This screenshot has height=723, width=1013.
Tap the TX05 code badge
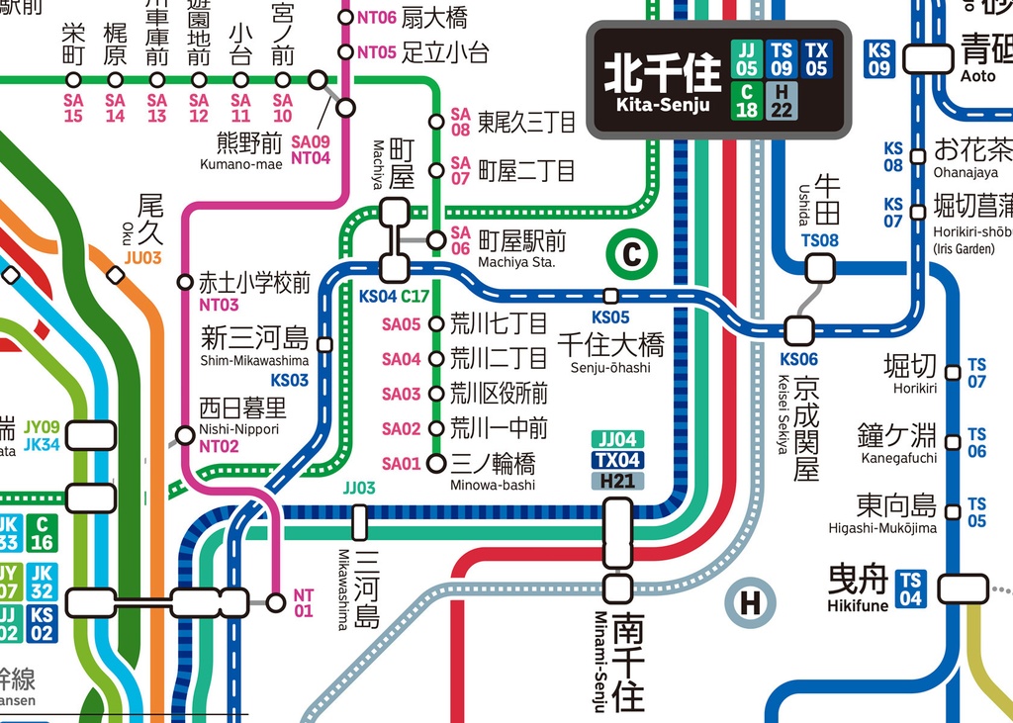click(x=816, y=59)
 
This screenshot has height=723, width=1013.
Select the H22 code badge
click(x=782, y=100)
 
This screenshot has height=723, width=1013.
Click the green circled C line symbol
click(x=630, y=256)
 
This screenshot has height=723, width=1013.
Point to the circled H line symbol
click(x=750, y=601)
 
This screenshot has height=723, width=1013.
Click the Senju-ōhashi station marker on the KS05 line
click(x=610, y=296)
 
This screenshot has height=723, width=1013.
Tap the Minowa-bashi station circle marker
click(x=436, y=463)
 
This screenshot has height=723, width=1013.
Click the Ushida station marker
click(x=820, y=268)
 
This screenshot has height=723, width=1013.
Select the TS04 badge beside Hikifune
click(x=910, y=589)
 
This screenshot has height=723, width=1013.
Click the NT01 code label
click(x=303, y=602)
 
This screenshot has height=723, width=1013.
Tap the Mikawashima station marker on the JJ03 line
click(x=359, y=521)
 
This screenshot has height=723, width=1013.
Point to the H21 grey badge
click(x=617, y=481)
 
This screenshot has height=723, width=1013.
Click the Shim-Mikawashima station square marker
click(x=324, y=344)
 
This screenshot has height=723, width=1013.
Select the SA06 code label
click(x=460, y=240)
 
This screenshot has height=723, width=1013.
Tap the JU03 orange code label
click(x=142, y=258)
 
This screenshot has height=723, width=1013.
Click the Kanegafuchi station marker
click(x=953, y=442)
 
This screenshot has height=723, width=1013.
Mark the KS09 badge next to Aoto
click(x=878, y=58)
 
